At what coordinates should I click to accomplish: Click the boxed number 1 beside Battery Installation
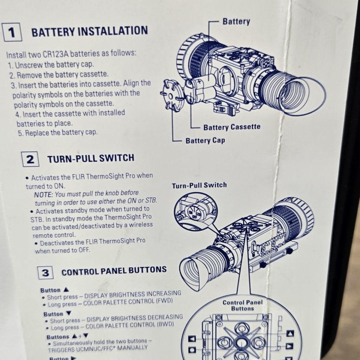click(12, 32)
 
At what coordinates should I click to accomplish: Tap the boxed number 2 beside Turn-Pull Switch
click(30, 159)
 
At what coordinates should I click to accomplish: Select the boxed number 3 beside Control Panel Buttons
click(45, 273)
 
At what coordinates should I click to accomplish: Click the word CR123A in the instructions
click(56, 54)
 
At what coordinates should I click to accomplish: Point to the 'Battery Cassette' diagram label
click(232, 127)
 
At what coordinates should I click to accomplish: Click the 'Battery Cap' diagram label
click(205, 140)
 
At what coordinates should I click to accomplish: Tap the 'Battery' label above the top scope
click(236, 21)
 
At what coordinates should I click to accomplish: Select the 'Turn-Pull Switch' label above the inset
click(199, 185)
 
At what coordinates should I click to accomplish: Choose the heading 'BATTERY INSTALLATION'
click(90, 31)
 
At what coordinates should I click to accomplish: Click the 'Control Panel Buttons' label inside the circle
click(243, 305)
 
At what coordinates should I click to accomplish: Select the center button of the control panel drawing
click(241, 343)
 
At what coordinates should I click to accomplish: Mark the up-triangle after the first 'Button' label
click(66, 289)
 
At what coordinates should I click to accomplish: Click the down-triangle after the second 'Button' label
click(69, 313)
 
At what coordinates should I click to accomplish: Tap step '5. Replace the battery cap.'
click(58, 133)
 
